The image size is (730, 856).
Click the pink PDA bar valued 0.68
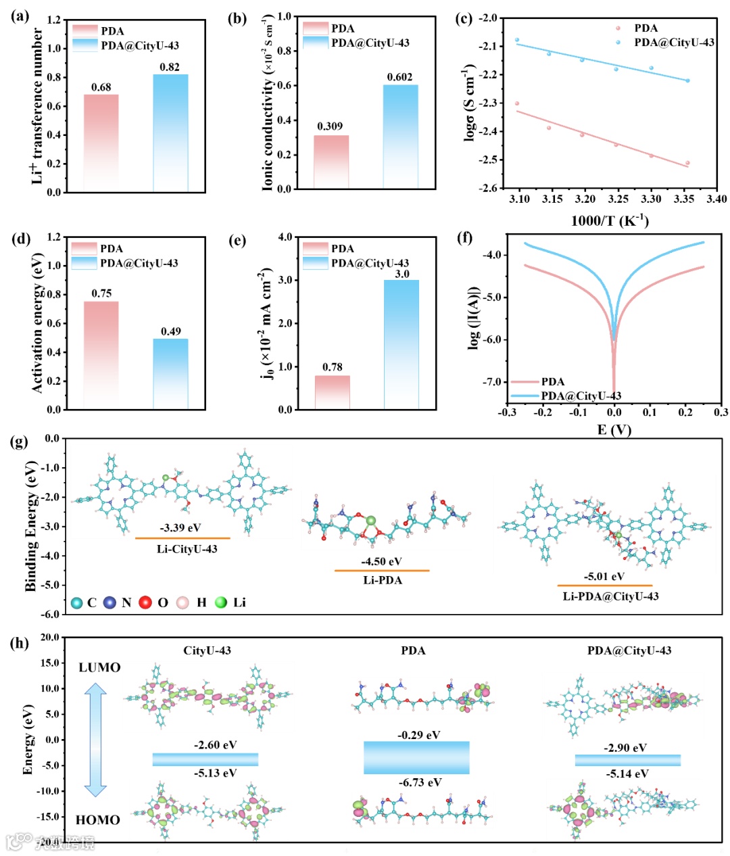coord(101,143)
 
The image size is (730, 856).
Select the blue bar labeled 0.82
coord(170,133)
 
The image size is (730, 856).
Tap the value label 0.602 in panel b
coord(399,77)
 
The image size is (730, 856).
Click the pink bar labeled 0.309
coord(331,162)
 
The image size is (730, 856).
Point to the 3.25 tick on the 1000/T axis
coord(618,199)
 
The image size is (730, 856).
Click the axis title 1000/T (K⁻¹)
coord(609,220)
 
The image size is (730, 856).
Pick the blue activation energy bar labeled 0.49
coord(170,374)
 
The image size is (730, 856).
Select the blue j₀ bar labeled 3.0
coord(401,344)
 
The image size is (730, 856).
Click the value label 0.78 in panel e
coord(332,367)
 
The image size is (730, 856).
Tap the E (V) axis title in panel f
coord(614,430)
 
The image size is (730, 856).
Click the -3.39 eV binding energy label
coord(180,528)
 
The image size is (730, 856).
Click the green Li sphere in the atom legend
coord(221,602)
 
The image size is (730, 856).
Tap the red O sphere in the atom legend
coord(145,602)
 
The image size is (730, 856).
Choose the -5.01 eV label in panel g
coord(604,577)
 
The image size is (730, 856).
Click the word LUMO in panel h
coord(99,667)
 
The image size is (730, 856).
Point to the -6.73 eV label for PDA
coord(420,782)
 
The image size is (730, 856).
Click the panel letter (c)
coord(464,18)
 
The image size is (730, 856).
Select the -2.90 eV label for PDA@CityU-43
coord(625,748)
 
